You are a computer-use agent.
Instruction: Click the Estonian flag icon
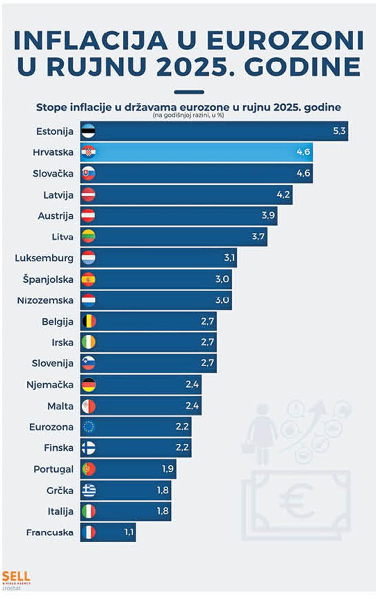point(88,131)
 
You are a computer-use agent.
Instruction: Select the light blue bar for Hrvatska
point(196,152)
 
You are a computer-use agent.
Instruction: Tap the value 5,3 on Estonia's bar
point(339,131)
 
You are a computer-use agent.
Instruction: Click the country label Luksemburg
point(44,258)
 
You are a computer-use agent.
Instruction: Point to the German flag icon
point(88,385)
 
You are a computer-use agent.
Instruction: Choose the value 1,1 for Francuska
point(128,532)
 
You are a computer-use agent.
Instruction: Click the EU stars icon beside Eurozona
point(88,427)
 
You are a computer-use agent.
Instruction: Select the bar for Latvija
point(186,195)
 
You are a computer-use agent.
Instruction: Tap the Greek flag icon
point(88,490)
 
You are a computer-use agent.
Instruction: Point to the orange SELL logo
point(16,577)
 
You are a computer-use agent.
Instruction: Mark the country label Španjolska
point(48,279)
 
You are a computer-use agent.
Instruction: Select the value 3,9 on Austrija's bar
point(268,216)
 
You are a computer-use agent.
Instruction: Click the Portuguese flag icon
point(88,469)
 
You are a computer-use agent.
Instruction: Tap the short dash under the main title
point(189,92)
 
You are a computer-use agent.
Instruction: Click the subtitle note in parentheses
point(188,116)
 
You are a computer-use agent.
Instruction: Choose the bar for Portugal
point(128,469)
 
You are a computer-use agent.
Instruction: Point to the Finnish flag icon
point(88,448)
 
